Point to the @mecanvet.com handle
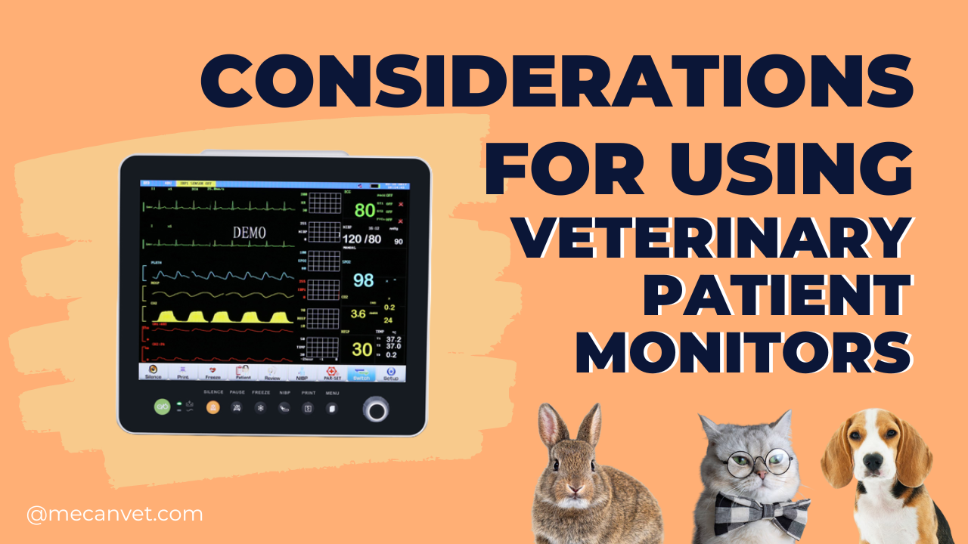pos(114,515)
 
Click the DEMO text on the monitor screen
pos(249,233)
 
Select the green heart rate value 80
pos(365,209)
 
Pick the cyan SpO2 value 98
pos(363,280)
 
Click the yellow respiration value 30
pos(362,349)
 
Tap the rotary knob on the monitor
pos(375,409)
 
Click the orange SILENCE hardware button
pos(213,407)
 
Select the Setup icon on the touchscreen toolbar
pos(390,372)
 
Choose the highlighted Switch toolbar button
pos(361,372)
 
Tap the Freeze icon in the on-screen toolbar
pos(213,372)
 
